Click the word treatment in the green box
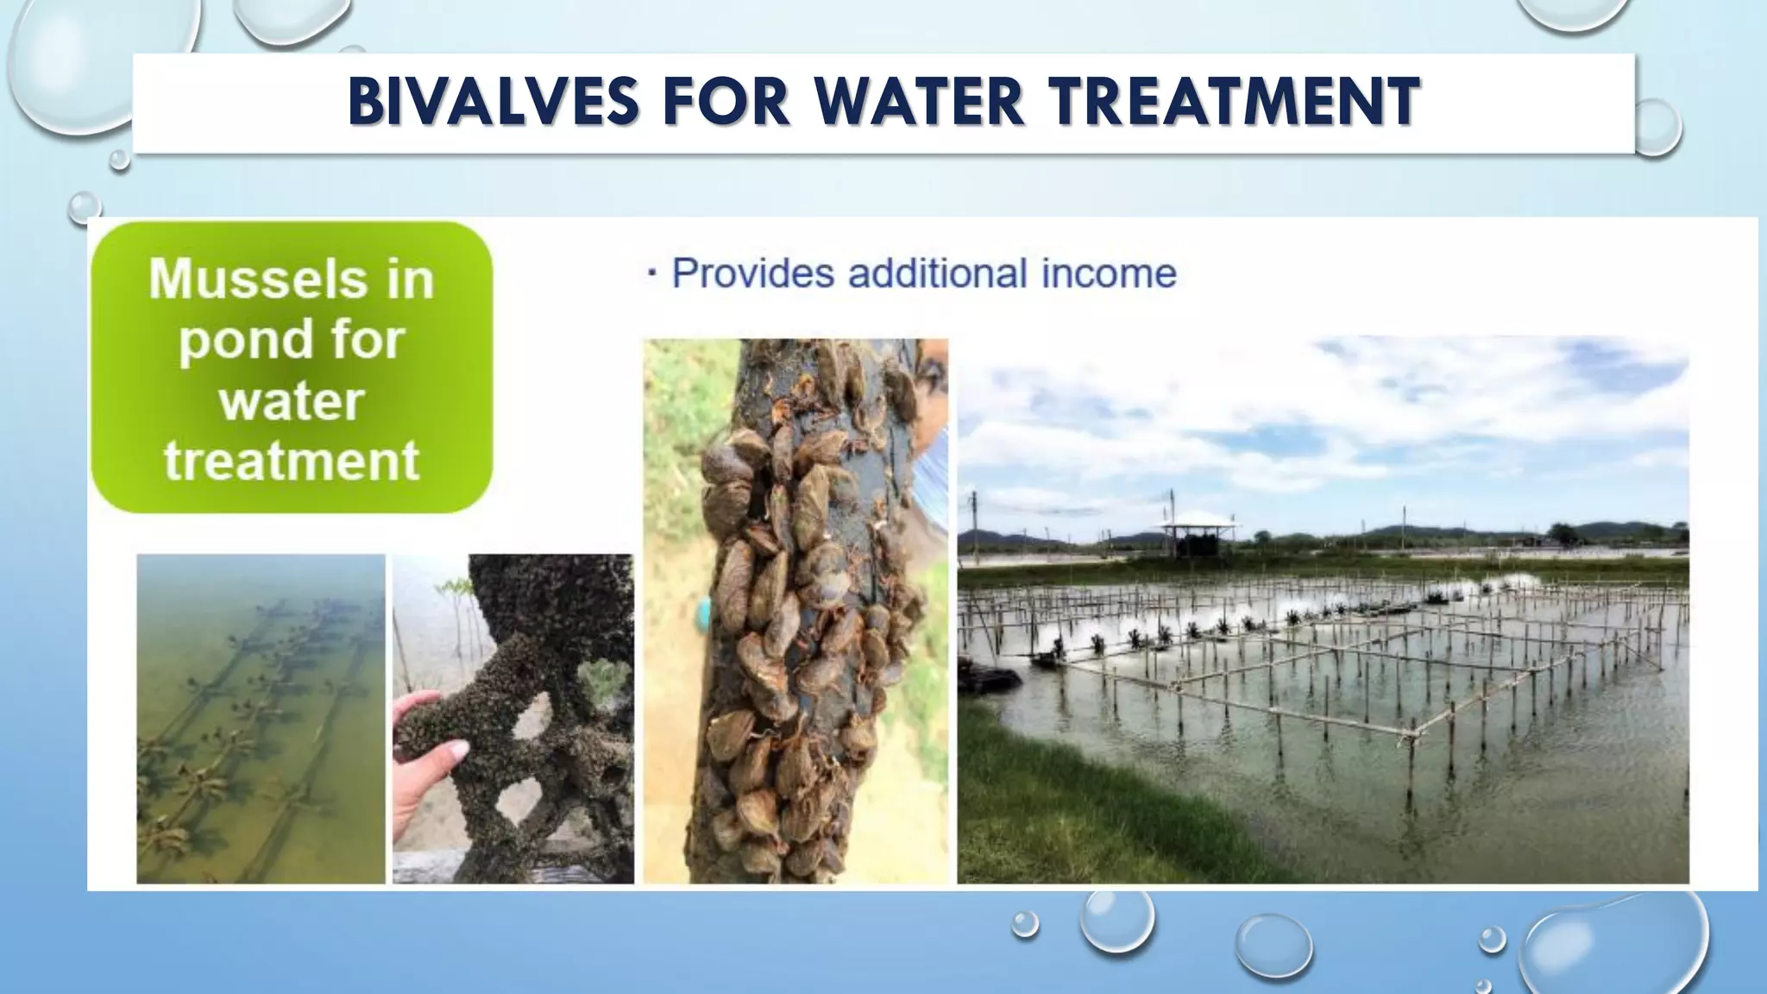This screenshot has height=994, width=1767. (x=292, y=460)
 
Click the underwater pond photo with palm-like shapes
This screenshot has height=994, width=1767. (x=261, y=719)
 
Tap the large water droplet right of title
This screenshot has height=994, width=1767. (x=1657, y=127)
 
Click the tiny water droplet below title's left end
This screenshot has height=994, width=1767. (x=119, y=160)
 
